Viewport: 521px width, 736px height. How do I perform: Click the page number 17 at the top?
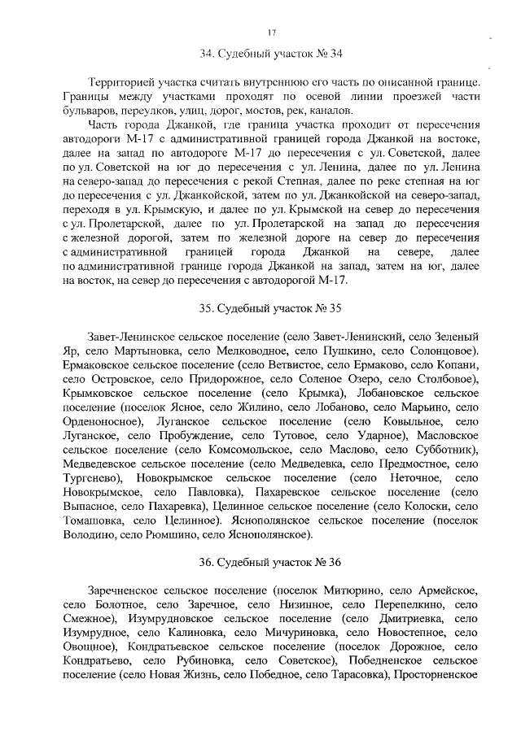click(x=271, y=33)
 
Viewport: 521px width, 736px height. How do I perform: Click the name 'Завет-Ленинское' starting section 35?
click(x=131, y=336)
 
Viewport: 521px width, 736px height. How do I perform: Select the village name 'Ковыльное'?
click(x=405, y=420)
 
